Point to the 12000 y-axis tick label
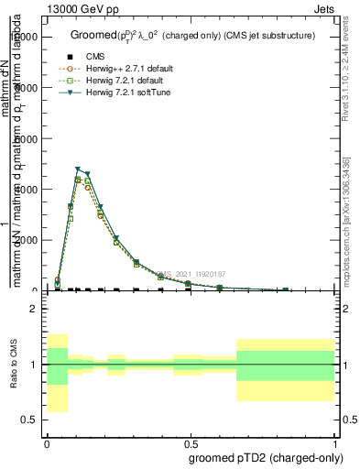click(25, 37)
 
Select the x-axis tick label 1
click(334, 442)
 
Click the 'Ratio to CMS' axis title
click(13, 365)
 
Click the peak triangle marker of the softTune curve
click(78, 169)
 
